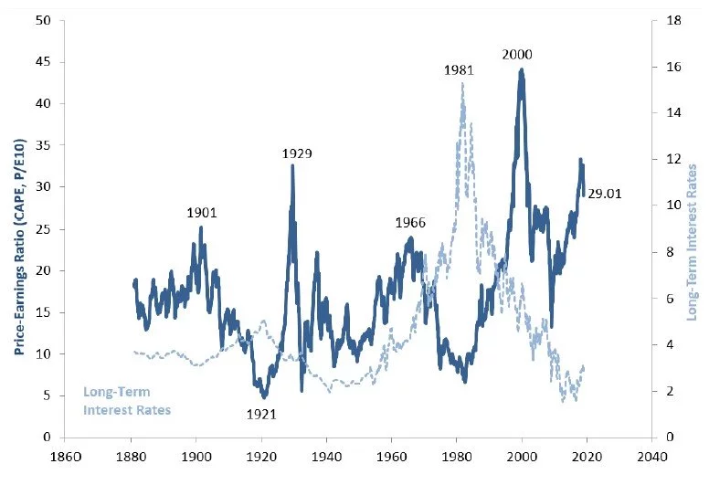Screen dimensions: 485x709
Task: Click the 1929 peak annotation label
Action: tap(297, 153)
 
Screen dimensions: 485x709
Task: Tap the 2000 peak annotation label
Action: tap(517, 55)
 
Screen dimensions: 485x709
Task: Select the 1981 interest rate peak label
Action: tap(460, 69)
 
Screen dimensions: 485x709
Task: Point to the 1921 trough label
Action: tap(261, 414)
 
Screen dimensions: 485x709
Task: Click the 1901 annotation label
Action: tap(202, 212)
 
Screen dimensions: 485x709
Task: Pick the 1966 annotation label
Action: tap(410, 223)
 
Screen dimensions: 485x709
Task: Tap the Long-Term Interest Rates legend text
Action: tap(127, 401)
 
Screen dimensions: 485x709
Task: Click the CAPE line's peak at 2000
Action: tap(522, 69)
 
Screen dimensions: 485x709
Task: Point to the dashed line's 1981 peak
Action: tap(462, 83)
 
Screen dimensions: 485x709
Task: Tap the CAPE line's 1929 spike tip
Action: tap(293, 165)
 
